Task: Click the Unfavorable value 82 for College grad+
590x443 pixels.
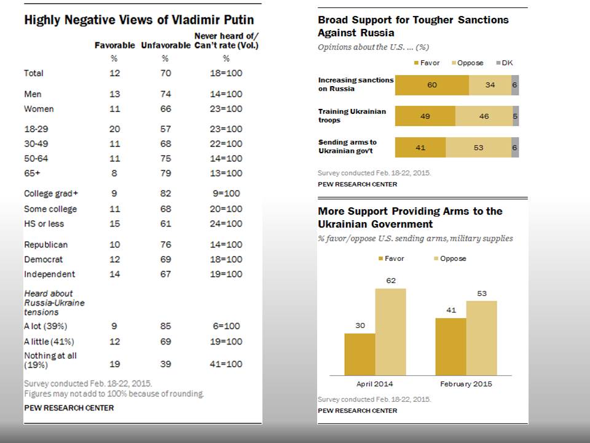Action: (165, 193)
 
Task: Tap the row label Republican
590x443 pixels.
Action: (45, 245)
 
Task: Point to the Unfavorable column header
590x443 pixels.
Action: (165, 46)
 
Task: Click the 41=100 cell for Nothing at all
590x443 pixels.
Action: (226, 364)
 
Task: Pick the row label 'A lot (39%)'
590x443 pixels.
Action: (45, 326)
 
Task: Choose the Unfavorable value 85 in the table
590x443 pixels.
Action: (165, 326)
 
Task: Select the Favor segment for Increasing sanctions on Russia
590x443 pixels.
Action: (431, 85)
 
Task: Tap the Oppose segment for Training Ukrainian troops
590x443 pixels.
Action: (484, 116)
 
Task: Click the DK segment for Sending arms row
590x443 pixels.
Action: (515, 147)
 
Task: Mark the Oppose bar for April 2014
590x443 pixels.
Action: (390, 332)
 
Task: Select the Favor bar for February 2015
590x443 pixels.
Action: (450, 346)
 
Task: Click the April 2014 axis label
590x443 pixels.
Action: (374, 384)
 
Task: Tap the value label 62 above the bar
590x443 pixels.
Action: (390, 281)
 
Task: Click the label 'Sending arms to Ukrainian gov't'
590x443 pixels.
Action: (347, 146)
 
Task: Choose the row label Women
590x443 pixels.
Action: (39, 109)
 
